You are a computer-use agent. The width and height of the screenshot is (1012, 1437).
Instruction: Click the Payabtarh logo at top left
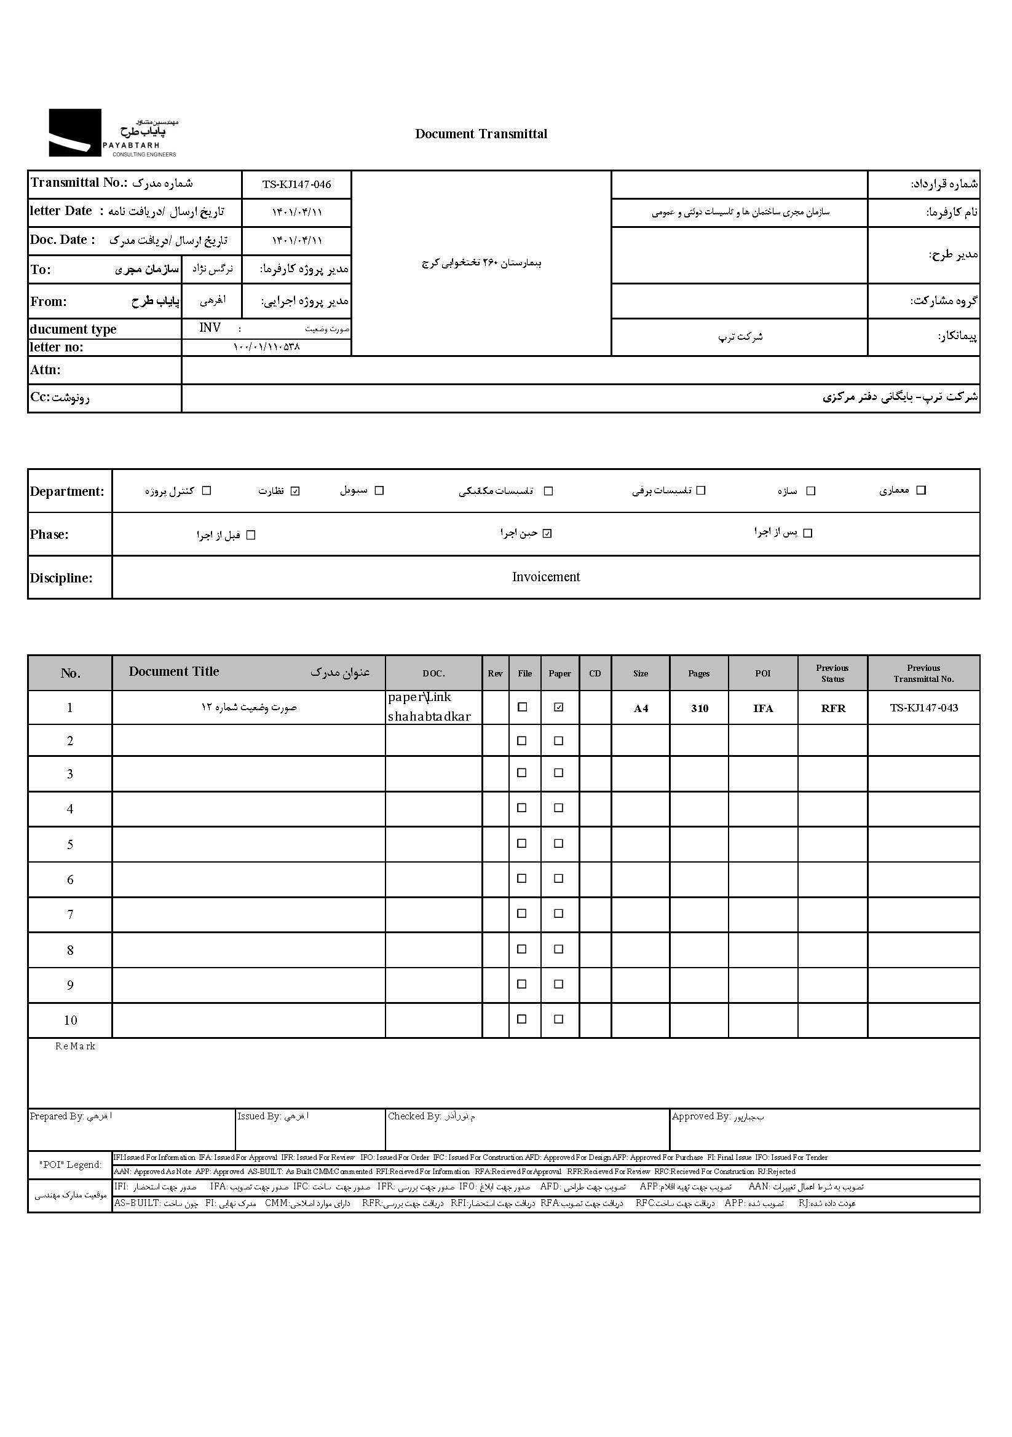[x=113, y=133]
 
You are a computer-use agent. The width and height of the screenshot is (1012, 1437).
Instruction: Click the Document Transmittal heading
[x=481, y=134]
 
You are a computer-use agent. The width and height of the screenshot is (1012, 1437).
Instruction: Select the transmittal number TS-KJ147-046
[x=296, y=185]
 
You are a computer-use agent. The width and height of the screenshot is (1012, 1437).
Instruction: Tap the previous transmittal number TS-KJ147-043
[x=923, y=708]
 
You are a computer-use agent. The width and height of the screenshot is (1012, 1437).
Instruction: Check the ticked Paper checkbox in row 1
[x=559, y=707]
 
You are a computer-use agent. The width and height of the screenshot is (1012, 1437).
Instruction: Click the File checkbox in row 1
[x=521, y=707]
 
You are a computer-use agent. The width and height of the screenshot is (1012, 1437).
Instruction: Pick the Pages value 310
[x=700, y=708]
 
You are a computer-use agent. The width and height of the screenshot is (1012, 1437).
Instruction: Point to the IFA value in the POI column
[x=763, y=708]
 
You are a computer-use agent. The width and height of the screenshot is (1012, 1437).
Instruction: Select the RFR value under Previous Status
[x=833, y=708]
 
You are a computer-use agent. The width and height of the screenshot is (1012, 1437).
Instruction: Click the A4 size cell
[x=641, y=708]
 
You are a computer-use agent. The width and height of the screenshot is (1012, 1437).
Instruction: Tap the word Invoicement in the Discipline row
[x=546, y=577]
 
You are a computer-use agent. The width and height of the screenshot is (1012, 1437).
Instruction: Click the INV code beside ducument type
[x=210, y=328]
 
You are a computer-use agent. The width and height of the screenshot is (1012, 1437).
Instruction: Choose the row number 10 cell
[x=70, y=1021]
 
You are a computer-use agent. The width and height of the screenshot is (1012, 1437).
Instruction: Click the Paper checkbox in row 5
[x=559, y=844]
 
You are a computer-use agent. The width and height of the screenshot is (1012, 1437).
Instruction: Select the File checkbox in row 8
[x=521, y=949]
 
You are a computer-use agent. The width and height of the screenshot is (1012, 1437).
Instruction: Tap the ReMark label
[x=75, y=1046]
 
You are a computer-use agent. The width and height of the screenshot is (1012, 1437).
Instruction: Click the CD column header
[x=595, y=673]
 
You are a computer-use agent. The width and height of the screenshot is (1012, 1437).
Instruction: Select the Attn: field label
[x=45, y=370]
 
